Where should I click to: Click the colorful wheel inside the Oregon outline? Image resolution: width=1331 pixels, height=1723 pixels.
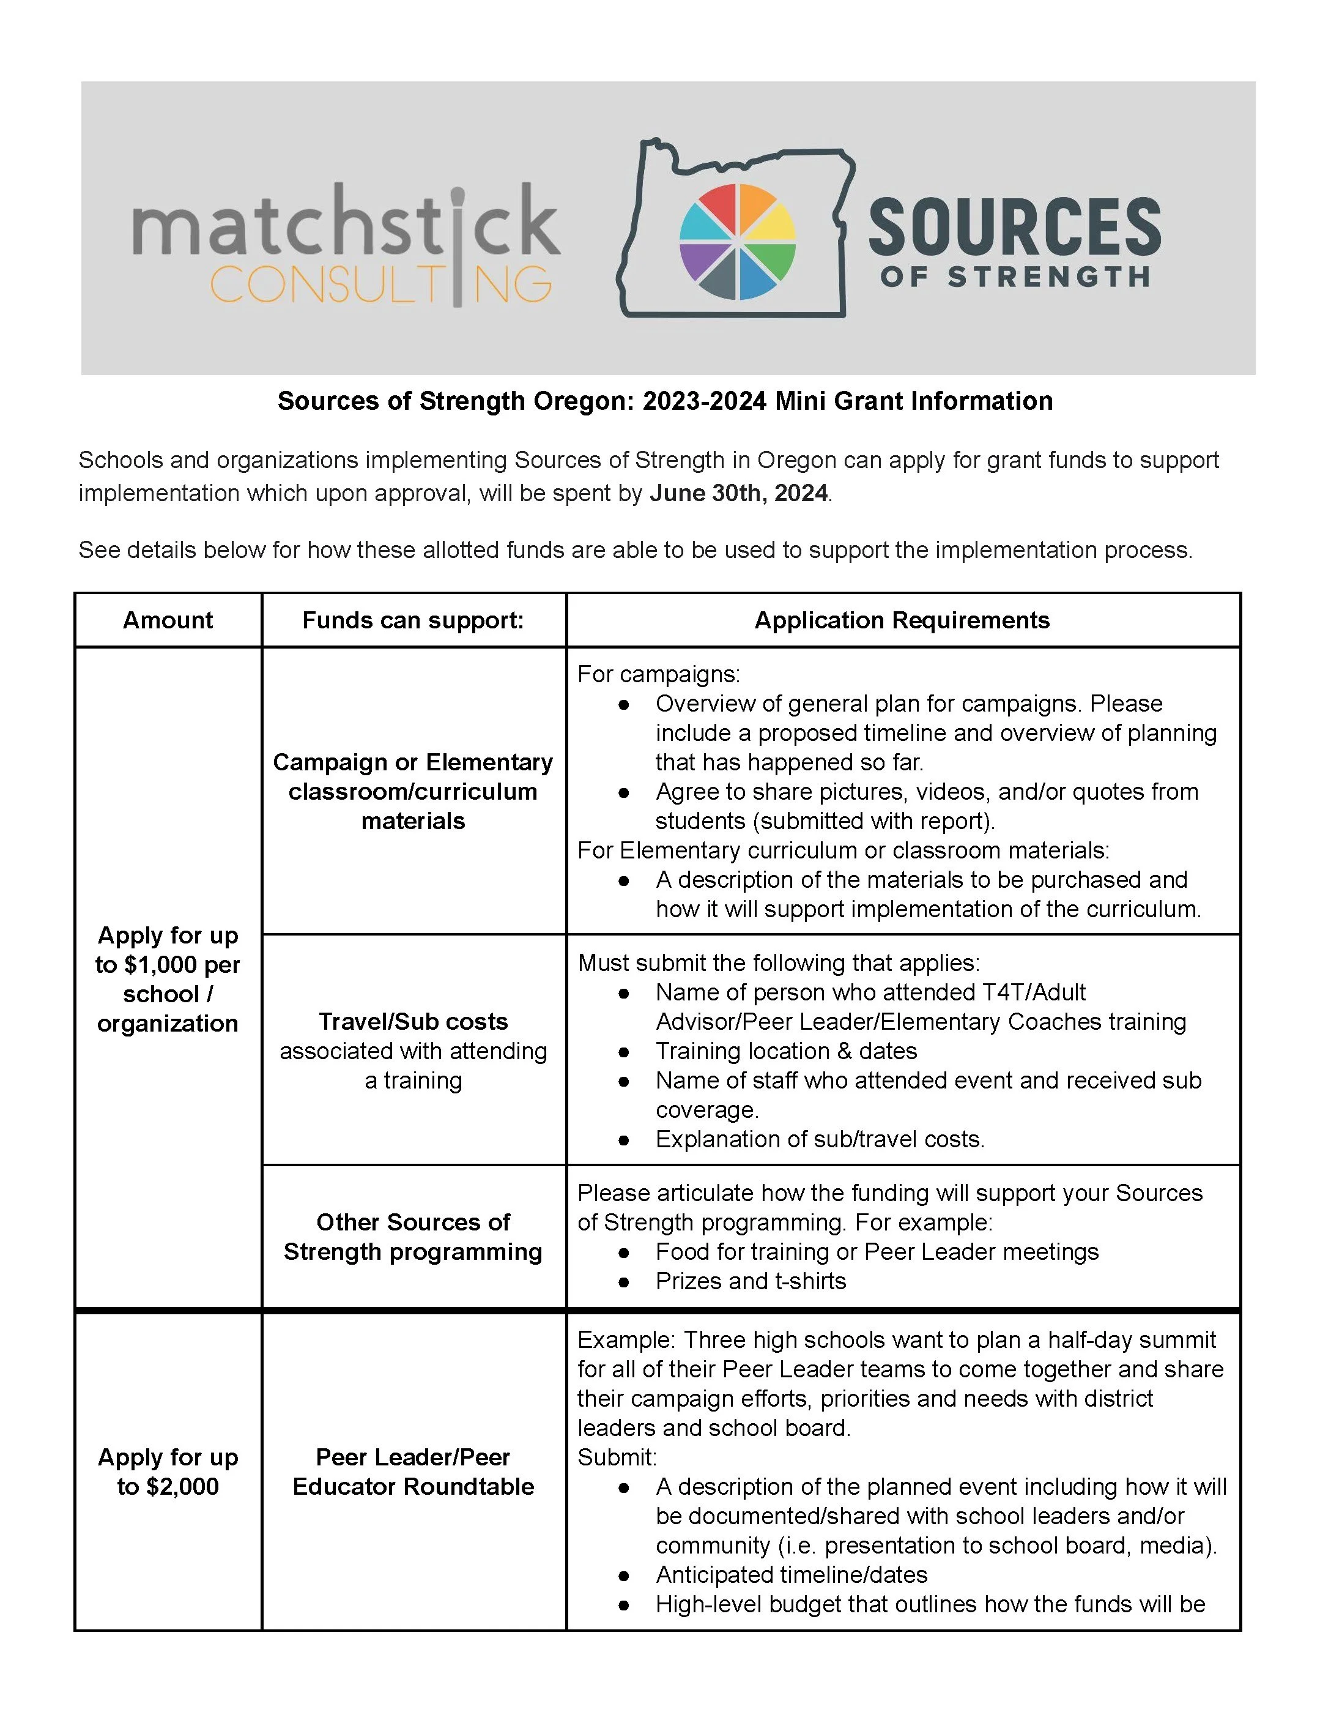(x=737, y=242)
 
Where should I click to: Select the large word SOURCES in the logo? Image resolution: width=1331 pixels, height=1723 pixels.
(x=1014, y=227)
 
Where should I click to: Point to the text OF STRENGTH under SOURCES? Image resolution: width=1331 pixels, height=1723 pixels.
(x=1014, y=278)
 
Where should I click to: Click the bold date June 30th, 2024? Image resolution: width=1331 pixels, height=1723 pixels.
(x=738, y=493)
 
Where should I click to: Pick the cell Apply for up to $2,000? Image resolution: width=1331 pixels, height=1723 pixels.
(x=168, y=1472)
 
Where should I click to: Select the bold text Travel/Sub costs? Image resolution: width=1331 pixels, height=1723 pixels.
(x=413, y=1022)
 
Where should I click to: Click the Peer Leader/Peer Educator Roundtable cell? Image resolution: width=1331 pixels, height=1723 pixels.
(x=413, y=1472)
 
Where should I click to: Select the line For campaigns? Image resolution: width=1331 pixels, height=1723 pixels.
(x=658, y=674)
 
